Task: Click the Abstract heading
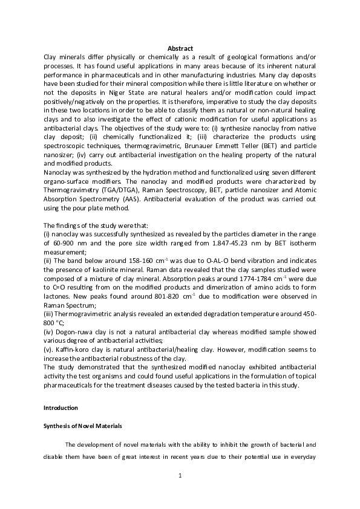pyautogui.click(x=180, y=48)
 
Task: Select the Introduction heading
pyautogui.click(x=64, y=409)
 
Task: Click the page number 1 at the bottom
pyautogui.click(x=180, y=476)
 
